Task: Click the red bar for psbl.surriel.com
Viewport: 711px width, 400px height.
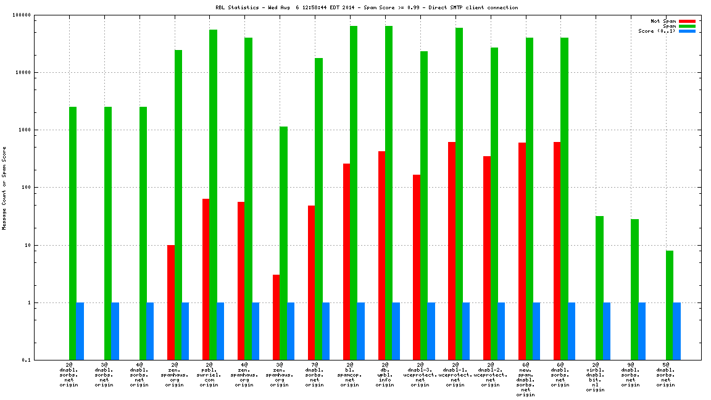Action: tap(206, 279)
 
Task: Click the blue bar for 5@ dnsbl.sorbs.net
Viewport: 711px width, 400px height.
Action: tap(677, 331)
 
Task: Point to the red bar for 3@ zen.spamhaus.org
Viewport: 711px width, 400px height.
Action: tap(276, 317)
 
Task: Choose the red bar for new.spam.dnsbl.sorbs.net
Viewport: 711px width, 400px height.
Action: tap(522, 251)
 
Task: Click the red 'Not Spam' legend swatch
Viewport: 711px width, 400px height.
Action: tap(687, 21)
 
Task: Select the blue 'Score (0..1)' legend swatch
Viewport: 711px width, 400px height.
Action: tap(687, 31)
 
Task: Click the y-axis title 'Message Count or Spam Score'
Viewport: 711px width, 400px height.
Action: tap(4, 188)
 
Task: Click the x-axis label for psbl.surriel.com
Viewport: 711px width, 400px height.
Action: tap(209, 375)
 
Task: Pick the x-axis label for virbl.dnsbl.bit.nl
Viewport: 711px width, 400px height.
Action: tap(596, 378)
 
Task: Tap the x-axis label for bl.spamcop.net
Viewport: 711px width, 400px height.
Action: tap(350, 375)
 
